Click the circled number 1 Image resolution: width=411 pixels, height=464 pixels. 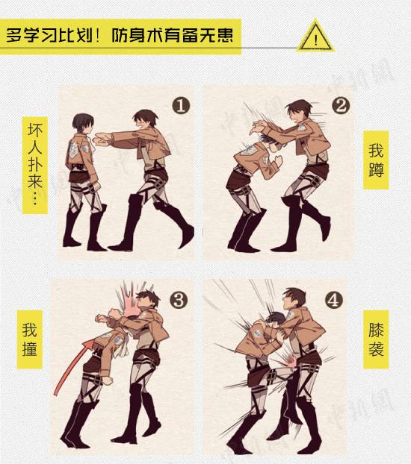180,105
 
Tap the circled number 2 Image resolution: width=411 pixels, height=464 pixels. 339,105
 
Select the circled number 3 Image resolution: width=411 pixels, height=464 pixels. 179,301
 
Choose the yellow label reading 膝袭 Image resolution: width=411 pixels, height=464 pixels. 376,339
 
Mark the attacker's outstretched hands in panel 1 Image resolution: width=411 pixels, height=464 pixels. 100,139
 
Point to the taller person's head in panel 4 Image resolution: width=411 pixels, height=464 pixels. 294,301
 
